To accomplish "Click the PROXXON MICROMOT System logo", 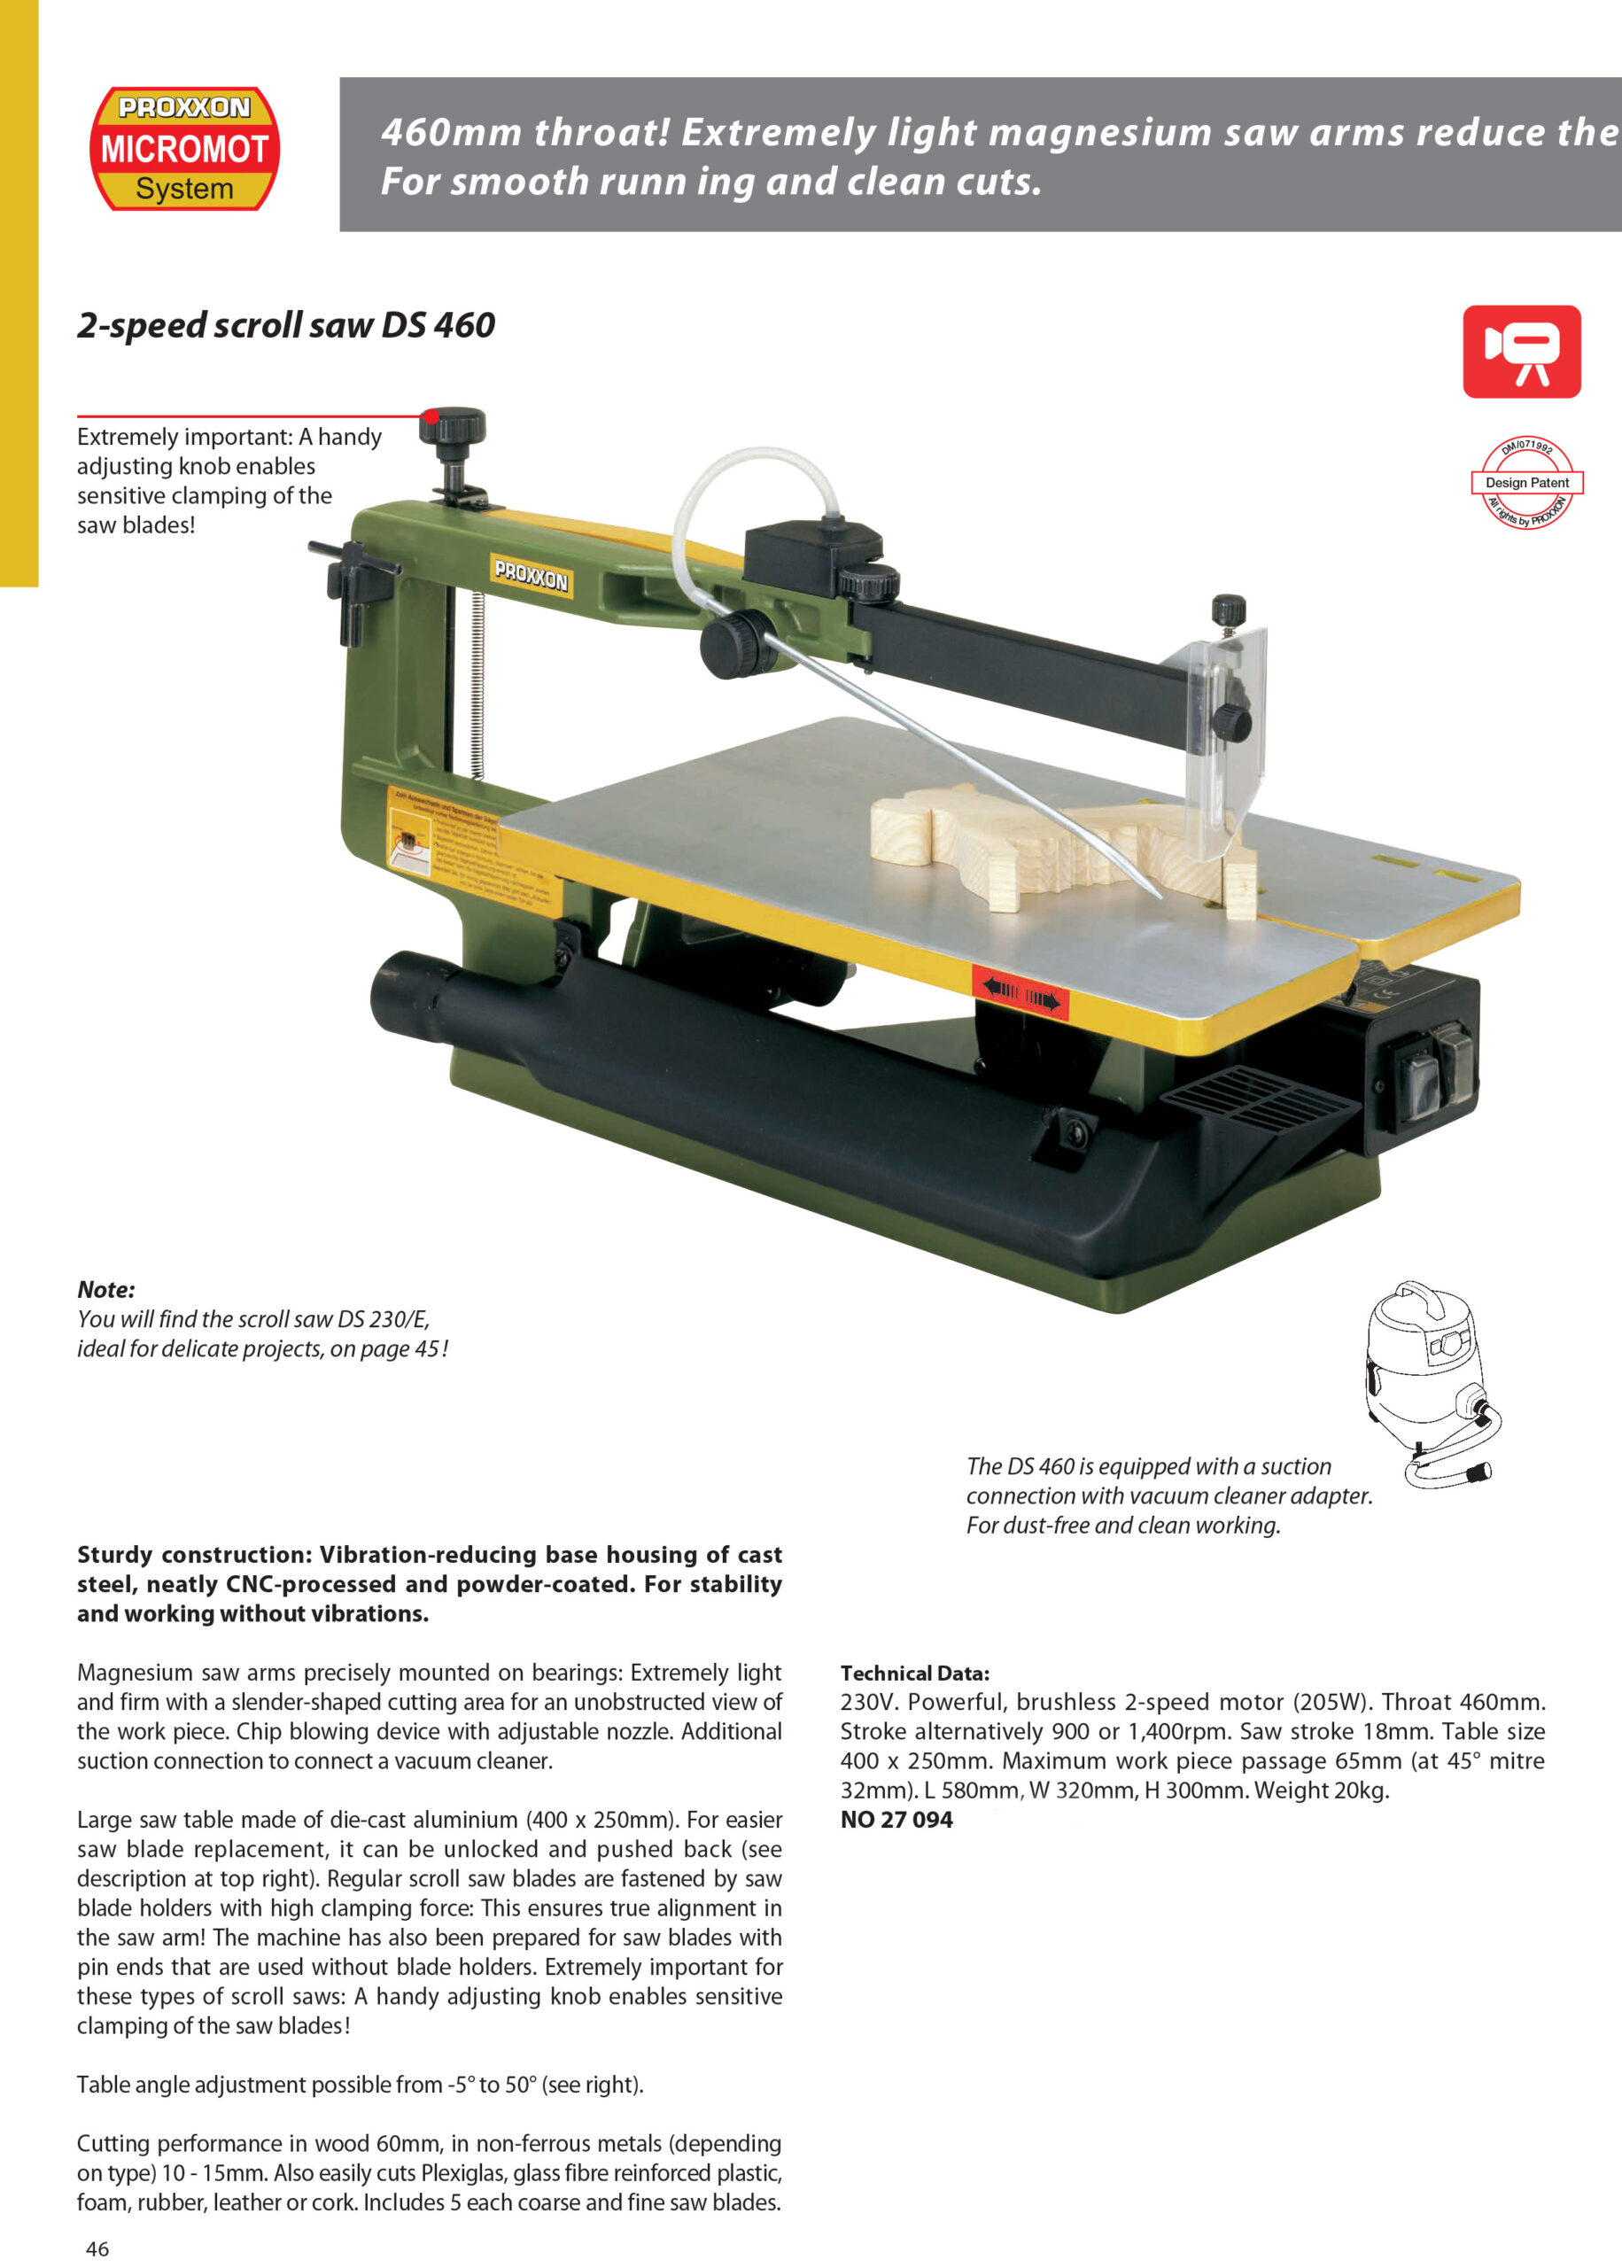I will (x=185, y=149).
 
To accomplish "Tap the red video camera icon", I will (x=1520, y=352).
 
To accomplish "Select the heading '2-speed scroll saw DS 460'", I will (x=285, y=325).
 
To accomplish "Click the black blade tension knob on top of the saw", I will (x=453, y=426).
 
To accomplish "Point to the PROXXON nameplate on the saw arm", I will (x=532, y=575).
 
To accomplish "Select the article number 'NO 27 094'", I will (x=896, y=1820).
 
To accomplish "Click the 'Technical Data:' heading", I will (x=915, y=1673).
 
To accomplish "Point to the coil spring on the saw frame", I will (x=477, y=684).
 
